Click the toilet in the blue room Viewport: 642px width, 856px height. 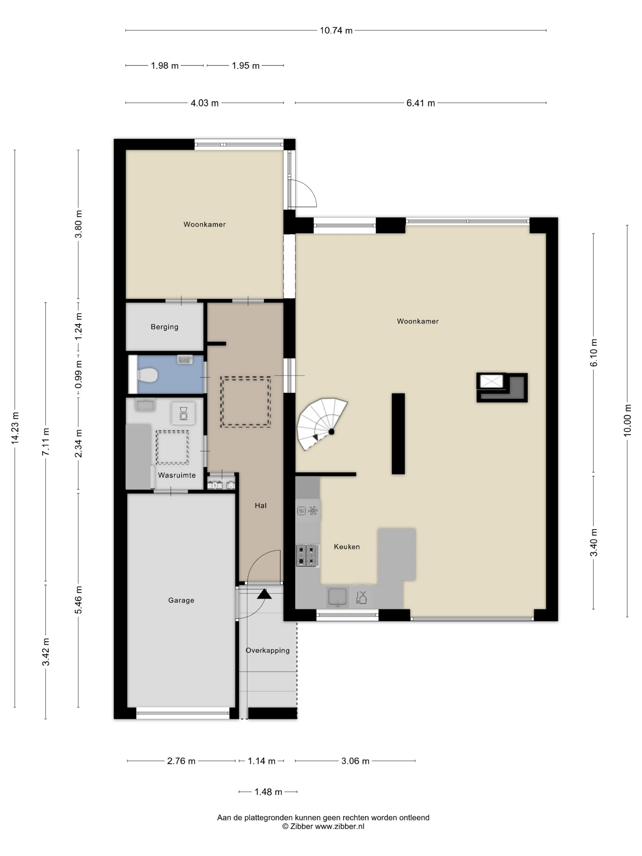pyautogui.click(x=147, y=374)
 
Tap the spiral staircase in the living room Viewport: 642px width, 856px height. pyautogui.click(x=321, y=424)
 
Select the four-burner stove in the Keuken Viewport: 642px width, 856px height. pyautogui.click(x=308, y=555)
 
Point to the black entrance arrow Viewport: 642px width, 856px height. pyautogui.click(x=264, y=594)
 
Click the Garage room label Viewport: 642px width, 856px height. pyautogui.click(x=181, y=600)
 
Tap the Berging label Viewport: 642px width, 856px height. pyautogui.click(x=164, y=327)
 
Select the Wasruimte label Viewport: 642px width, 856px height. pyautogui.click(x=177, y=475)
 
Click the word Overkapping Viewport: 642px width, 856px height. pyautogui.click(x=268, y=651)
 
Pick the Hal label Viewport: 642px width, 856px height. pyautogui.click(x=261, y=505)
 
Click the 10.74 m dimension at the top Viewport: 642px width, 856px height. pyautogui.click(x=336, y=31)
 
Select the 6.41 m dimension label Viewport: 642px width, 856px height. pyautogui.click(x=421, y=103)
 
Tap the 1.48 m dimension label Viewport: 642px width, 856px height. pyautogui.click(x=268, y=792)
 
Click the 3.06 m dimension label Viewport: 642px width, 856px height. pyautogui.click(x=355, y=761)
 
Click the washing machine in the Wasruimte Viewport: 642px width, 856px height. pyautogui.click(x=183, y=413)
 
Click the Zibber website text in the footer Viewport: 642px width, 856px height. pyautogui.click(x=323, y=827)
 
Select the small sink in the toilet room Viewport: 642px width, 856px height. pyautogui.click(x=185, y=360)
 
